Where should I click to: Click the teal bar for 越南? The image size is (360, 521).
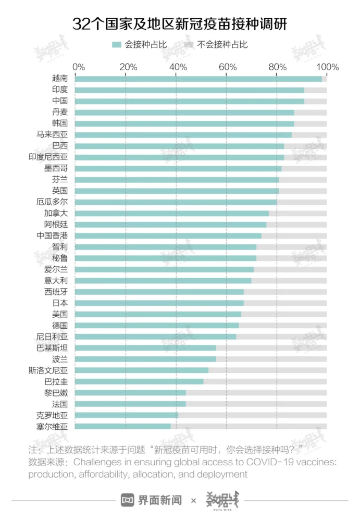click(198, 79)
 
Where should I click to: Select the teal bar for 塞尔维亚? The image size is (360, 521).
click(123, 426)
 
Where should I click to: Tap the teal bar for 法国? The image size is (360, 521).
click(130, 404)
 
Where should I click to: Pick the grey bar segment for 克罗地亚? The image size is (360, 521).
click(252, 415)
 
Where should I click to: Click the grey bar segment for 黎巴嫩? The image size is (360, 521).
click(256, 392)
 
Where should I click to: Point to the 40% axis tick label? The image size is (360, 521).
click(178, 67)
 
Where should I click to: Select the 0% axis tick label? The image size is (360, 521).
click(78, 67)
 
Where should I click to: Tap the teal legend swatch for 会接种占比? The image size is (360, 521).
click(116, 45)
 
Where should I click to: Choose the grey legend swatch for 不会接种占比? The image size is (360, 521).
click(189, 45)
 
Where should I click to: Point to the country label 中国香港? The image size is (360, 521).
click(52, 235)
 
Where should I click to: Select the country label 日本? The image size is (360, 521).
click(60, 303)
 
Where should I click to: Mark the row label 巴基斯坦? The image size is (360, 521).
click(52, 348)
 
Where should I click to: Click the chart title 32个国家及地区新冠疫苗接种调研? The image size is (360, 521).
click(180, 24)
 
